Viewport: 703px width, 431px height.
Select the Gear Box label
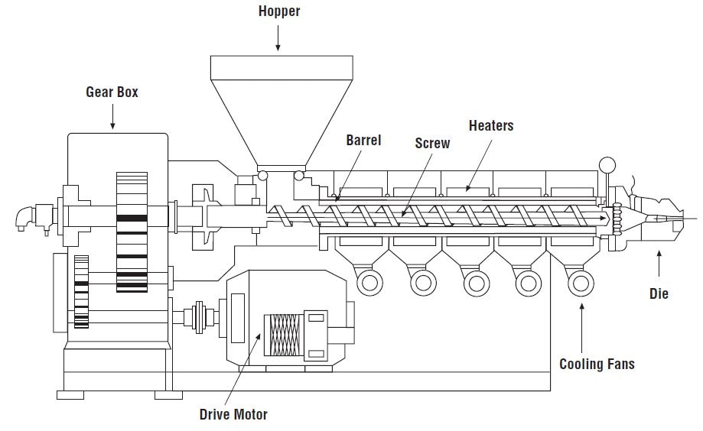pos(112,92)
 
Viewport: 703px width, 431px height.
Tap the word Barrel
pos(363,141)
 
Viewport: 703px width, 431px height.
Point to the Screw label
pos(432,143)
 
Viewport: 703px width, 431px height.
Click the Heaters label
pos(491,125)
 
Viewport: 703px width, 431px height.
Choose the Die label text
pos(659,293)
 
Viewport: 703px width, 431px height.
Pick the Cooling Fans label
pos(597,364)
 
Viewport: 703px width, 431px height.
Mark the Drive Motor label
pos(233,414)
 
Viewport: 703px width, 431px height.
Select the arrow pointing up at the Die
pos(659,264)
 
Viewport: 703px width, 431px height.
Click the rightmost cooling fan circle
pos(581,284)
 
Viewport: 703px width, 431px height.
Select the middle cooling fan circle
pos(475,284)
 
